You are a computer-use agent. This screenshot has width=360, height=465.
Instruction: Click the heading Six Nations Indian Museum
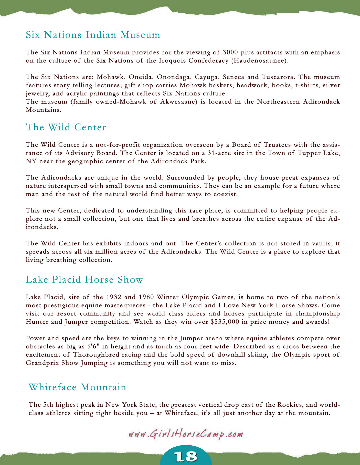93,35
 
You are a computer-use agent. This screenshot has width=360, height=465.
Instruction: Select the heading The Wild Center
66,127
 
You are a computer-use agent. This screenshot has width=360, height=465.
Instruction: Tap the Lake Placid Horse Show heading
84,279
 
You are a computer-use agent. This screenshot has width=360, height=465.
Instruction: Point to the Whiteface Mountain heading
78,387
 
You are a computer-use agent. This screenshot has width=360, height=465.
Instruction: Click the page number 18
186,457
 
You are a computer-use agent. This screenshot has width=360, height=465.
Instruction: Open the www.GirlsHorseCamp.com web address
185,434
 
